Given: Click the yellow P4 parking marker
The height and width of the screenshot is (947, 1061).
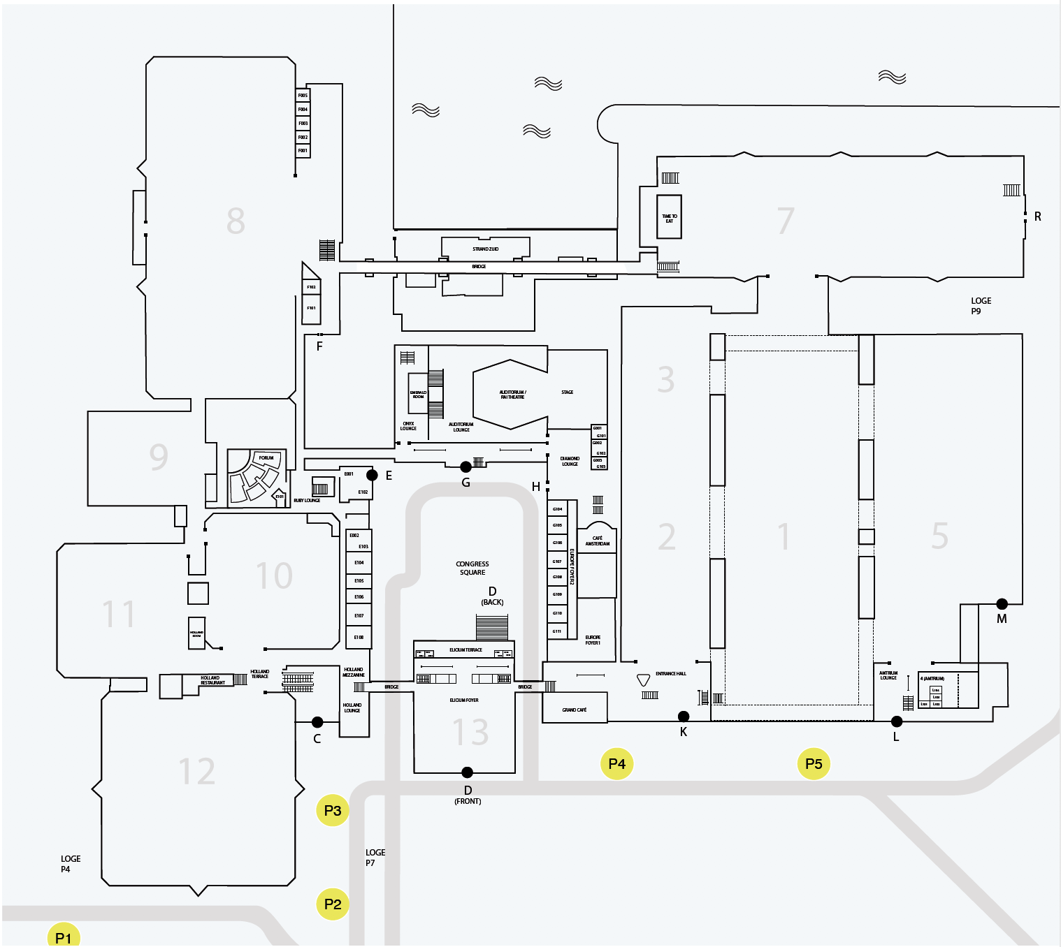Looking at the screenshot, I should coord(616,763).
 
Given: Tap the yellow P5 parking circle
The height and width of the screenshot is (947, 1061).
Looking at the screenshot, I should coord(814,763).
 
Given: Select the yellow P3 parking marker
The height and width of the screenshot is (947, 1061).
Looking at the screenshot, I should coord(333,810).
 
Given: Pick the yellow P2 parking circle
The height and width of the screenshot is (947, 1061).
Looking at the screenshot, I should coord(333,904).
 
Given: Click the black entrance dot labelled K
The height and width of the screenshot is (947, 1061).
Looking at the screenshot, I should coord(684,716).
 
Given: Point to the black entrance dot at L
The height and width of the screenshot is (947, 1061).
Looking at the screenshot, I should coord(897,721).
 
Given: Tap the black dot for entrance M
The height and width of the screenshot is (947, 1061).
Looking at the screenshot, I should coord(1002,603).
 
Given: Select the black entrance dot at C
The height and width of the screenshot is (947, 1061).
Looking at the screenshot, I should coord(317,721).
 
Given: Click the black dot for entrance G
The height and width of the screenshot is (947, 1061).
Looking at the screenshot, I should coord(465,467).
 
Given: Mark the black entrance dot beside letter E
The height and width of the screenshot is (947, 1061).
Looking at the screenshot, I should coord(372,475).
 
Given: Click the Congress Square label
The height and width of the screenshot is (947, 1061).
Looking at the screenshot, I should coord(472,568).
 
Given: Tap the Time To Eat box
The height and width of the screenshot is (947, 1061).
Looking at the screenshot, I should coord(669,217).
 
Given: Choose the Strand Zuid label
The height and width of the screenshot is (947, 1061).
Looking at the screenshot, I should coord(485,249).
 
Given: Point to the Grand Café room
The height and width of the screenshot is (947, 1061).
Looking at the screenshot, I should coord(575,708).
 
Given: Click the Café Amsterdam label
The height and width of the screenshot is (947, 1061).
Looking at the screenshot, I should coord(598,541).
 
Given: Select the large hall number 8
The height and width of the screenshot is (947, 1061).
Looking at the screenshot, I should coord(236,221).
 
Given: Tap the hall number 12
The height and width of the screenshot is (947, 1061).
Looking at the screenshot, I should coord(196,771).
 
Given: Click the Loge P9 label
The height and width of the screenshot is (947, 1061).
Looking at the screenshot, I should coord(981,306).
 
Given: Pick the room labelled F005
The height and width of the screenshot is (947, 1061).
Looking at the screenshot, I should coord(303,95).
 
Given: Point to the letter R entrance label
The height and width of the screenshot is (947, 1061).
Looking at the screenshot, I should coord(1037,216).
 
